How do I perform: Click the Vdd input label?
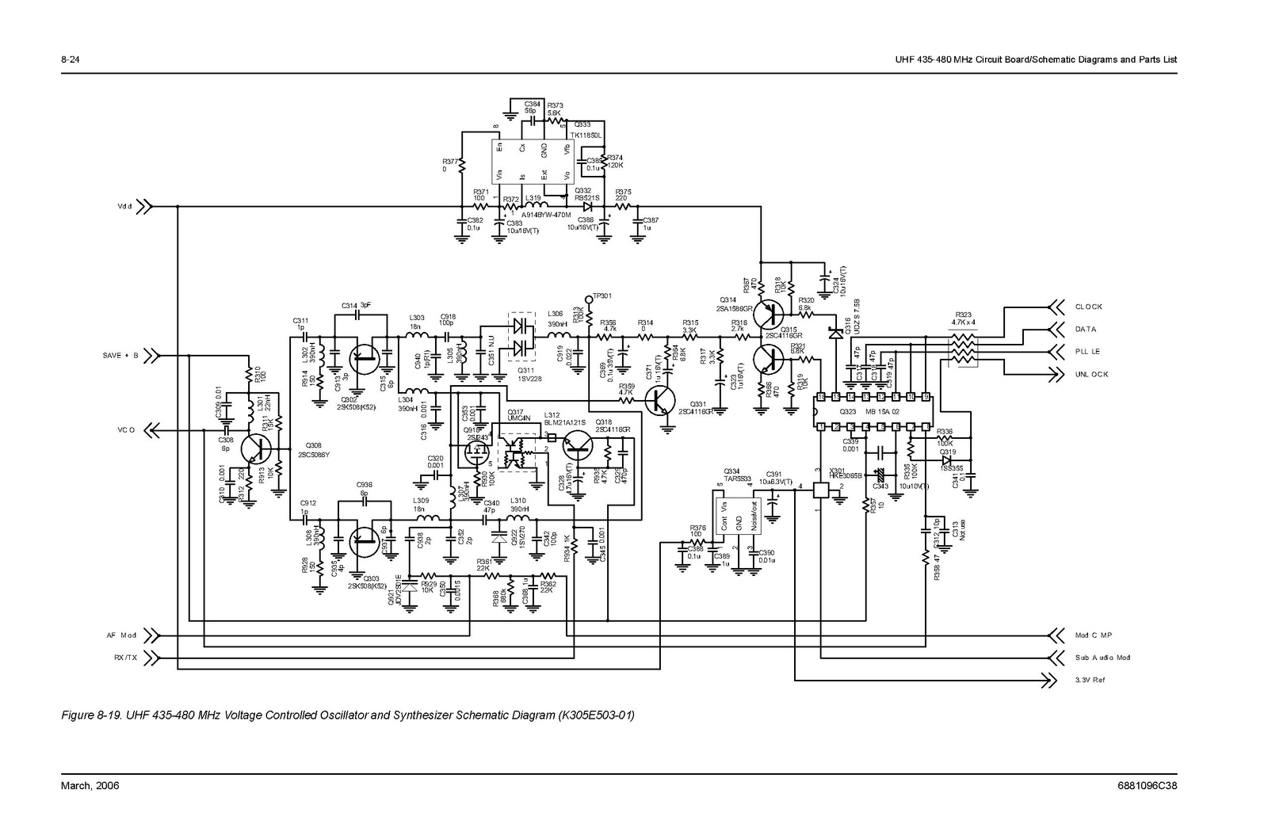[124, 207]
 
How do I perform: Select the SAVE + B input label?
[120, 356]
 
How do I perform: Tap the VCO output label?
[127, 430]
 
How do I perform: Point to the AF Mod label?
[122, 635]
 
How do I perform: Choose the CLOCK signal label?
[1089, 307]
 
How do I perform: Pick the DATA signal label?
[1086, 330]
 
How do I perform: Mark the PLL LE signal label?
[1087, 352]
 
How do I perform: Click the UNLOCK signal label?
[1091, 374]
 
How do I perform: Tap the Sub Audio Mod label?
[1102, 658]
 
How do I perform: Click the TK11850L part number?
[586, 135]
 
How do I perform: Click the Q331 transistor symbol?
[659, 402]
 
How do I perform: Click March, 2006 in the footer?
[90, 786]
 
